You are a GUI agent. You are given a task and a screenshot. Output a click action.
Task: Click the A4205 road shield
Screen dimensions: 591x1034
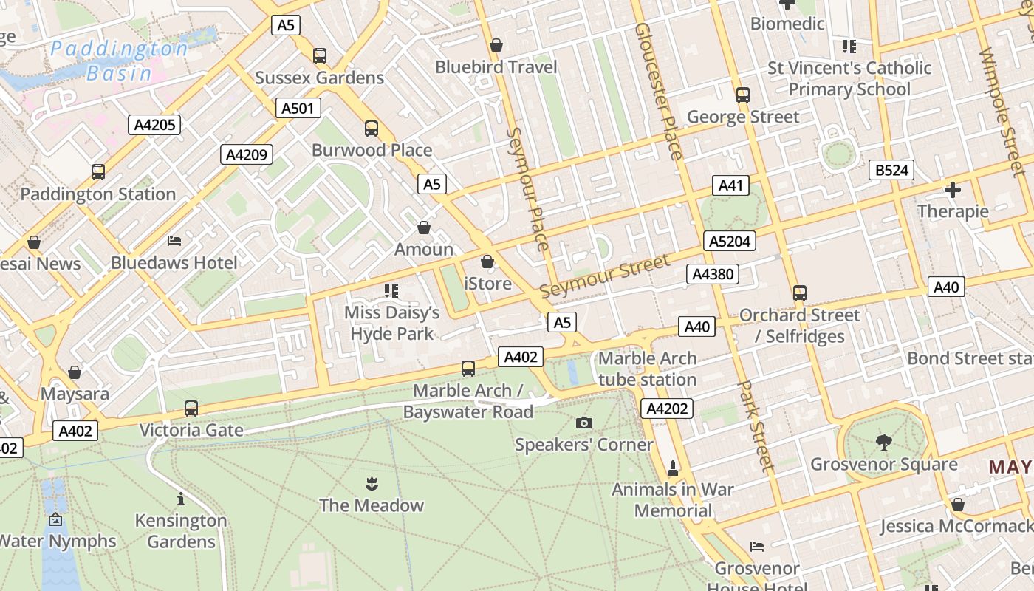tap(155, 125)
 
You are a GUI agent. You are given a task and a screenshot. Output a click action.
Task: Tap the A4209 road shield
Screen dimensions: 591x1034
tap(247, 155)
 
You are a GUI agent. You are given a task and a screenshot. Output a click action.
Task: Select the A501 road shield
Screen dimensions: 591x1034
tap(298, 109)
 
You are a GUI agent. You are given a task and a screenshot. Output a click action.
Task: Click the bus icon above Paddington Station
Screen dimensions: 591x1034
tap(98, 172)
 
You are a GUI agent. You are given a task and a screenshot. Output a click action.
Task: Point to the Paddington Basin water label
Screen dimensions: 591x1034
tap(120, 61)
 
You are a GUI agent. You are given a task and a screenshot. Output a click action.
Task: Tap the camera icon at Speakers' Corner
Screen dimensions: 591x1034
tap(584, 423)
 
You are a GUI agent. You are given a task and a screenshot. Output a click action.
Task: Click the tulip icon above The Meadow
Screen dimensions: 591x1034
tap(372, 484)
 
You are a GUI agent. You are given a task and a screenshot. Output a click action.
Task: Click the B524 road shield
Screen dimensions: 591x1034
tap(891, 171)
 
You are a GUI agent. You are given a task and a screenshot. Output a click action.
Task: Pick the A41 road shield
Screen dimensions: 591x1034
tap(730, 185)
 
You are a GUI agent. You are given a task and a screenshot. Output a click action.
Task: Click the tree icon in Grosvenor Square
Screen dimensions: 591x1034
tap(883, 443)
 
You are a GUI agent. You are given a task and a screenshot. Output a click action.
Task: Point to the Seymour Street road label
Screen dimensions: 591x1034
tap(605, 276)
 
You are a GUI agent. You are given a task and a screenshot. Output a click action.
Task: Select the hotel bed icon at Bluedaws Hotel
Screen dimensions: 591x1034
tap(174, 241)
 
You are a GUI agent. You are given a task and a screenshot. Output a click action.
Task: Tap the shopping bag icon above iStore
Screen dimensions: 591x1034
tap(487, 262)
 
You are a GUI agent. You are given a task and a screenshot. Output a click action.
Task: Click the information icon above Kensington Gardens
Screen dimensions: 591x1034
tap(181, 499)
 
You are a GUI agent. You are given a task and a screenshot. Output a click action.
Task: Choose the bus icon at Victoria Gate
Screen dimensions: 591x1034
tap(191, 408)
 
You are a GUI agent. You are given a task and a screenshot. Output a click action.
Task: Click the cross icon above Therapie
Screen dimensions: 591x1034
tap(953, 190)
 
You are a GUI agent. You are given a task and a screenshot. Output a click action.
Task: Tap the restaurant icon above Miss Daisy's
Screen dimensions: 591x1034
tap(391, 291)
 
